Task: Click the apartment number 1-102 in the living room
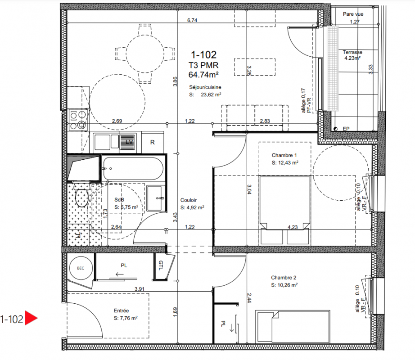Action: (203, 55)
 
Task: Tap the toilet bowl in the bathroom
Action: (82, 196)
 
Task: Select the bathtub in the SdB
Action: (133, 169)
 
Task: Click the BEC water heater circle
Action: (81, 268)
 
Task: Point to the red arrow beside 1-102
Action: (31, 318)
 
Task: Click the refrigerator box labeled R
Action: (153, 142)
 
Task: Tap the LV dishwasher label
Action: (129, 142)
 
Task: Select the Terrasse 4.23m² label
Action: (352, 55)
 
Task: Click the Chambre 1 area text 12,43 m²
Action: (285, 162)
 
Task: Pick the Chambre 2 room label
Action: (284, 278)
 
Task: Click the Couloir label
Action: (189, 200)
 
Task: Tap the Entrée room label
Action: (121, 310)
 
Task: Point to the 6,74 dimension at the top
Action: (192, 20)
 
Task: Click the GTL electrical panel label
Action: (161, 265)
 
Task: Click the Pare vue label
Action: (353, 14)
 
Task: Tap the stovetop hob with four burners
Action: (78, 120)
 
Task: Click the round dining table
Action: (145, 54)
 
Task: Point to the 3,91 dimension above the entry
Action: (140, 289)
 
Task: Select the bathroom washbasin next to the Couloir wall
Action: (156, 198)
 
